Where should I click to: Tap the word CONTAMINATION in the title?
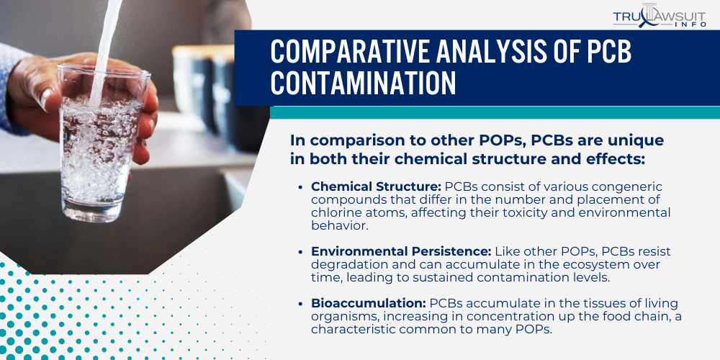click(x=364, y=83)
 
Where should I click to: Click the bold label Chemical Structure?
click(x=376, y=186)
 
